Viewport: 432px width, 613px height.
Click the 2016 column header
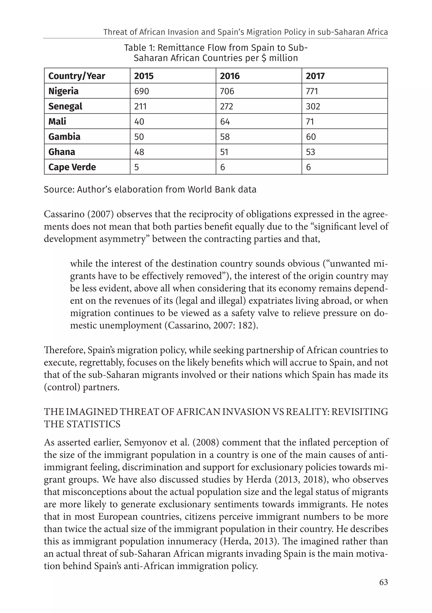[x=230, y=76]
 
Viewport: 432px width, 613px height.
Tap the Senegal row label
[x=65, y=106]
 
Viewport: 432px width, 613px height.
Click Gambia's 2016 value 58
[x=225, y=137]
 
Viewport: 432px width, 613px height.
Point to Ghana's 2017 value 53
[x=310, y=152]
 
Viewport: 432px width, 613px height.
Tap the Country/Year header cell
[x=77, y=76]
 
